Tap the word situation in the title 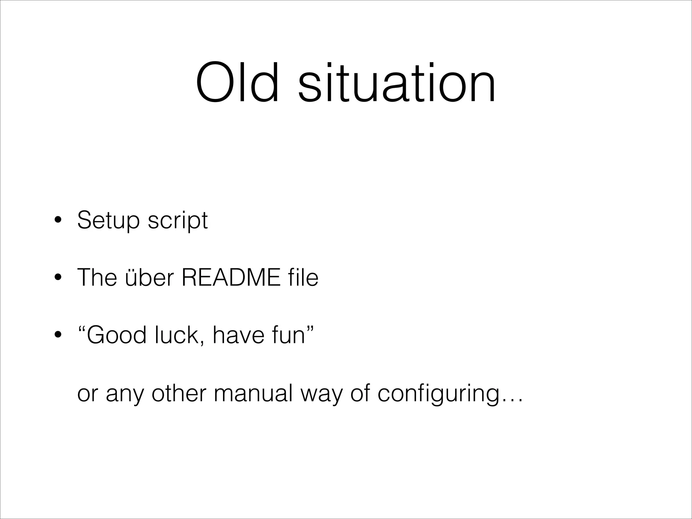pyautogui.click(x=397, y=82)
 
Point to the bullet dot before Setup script pyautogui.click(x=58, y=221)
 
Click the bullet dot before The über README pyautogui.click(x=58, y=278)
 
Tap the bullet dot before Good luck pyautogui.click(x=58, y=335)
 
